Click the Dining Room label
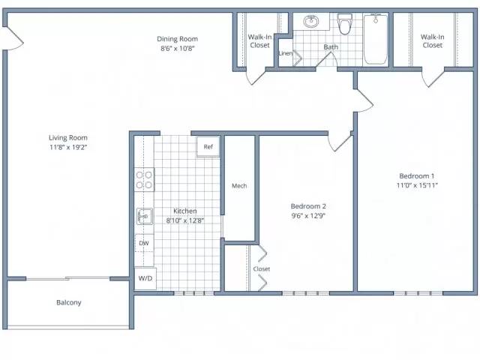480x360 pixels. [x=177, y=39]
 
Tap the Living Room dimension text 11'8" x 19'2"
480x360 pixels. [x=68, y=147]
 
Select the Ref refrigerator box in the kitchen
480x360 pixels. [x=208, y=147]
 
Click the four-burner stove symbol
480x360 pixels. [x=144, y=180]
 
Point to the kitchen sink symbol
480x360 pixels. [x=145, y=216]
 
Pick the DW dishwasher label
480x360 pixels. [x=144, y=243]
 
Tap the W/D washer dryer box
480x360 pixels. [x=145, y=278]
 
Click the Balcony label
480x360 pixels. [x=69, y=302]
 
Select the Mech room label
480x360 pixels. [x=239, y=186]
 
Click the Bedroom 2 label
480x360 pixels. [x=308, y=206]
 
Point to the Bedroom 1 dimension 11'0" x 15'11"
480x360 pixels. [x=417, y=185]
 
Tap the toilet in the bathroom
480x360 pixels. [x=344, y=23]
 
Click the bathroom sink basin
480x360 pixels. [x=311, y=22]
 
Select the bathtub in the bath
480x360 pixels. [x=376, y=38]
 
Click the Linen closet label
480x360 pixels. [x=286, y=53]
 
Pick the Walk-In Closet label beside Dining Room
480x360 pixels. [x=259, y=41]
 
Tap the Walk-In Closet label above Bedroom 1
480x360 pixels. [x=432, y=41]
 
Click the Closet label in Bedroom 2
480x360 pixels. [x=262, y=268]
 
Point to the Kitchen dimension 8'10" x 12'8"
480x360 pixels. [x=185, y=220]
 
